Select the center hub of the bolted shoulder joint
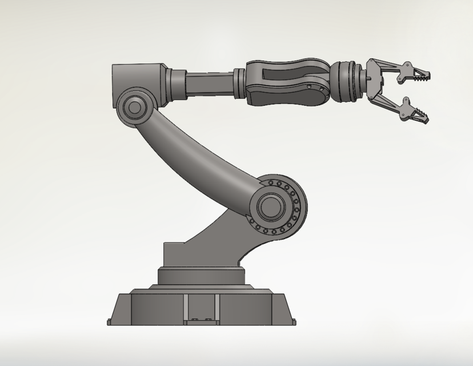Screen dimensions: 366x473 pyautogui.click(x=270, y=206)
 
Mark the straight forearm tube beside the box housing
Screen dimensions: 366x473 pyautogui.click(x=209, y=83)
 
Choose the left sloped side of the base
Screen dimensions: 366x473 pyautogui.click(x=119, y=309)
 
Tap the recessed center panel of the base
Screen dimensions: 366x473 pyautogui.click(x=202, y=309)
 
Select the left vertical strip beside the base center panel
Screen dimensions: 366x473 pyautogui.click(x=186, y=309)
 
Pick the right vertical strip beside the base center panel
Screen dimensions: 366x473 pyautogui.click(x=218, y=309)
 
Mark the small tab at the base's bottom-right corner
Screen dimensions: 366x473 pyautogui.click(x=295, y=322)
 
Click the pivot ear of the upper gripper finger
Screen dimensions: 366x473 pyautogui.click(x=407, y=67)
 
